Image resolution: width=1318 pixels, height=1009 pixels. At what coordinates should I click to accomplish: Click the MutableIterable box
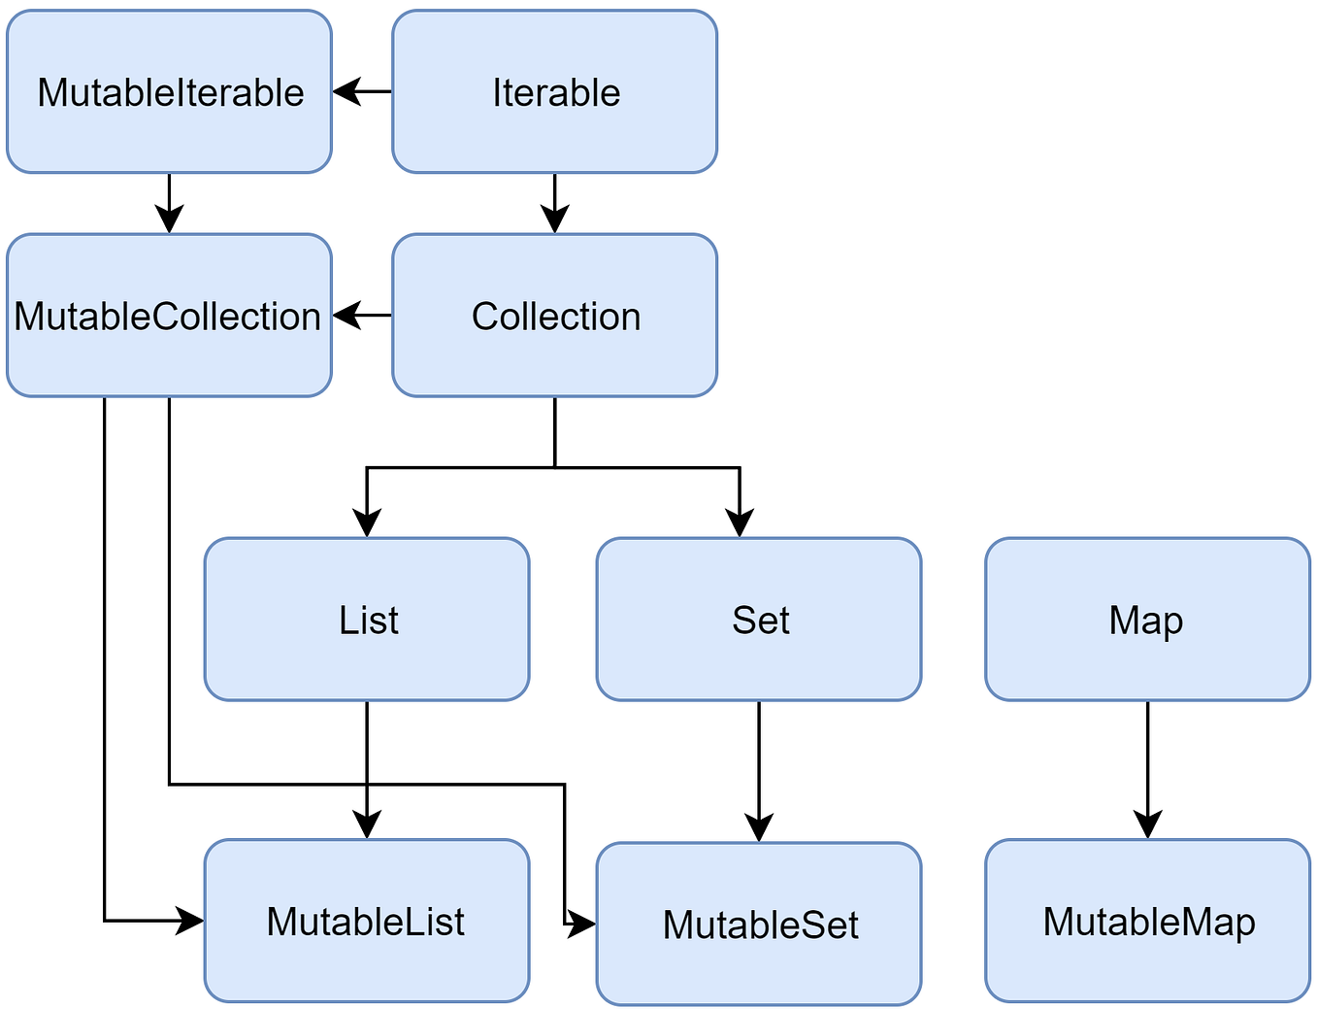point(169,92)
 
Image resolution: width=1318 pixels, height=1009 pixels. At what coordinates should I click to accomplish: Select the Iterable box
point(554,92)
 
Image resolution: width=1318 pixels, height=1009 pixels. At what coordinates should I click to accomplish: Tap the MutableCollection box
point(169,316)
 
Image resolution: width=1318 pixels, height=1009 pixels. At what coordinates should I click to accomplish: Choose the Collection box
point(554,316)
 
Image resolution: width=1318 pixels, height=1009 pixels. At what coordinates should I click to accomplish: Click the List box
point(367,620)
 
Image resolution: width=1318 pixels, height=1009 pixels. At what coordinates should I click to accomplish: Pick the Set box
point(759,620)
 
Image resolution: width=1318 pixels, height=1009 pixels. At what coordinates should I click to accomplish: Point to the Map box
point(1147,620)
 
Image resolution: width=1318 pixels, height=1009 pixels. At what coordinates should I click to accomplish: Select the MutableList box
point(367,921)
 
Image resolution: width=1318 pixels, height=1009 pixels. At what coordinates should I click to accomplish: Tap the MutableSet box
point(759,924)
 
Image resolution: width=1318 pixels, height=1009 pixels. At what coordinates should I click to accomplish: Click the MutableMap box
point(1147,921)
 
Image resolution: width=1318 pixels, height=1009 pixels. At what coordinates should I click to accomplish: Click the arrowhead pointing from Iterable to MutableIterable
point(346,92)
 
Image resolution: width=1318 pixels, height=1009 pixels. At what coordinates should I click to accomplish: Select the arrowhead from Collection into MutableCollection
point(346,316)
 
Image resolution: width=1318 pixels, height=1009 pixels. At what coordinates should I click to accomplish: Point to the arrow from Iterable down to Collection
point(554,204)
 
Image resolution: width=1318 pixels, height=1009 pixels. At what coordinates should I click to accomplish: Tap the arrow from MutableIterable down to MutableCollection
point(169,204)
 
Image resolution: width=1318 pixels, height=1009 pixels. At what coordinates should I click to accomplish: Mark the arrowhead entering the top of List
point(367,523)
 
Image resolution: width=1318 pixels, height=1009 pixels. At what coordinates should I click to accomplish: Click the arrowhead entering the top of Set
point(740,523)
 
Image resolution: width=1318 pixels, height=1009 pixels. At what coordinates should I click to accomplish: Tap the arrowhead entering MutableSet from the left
point(582,924)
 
